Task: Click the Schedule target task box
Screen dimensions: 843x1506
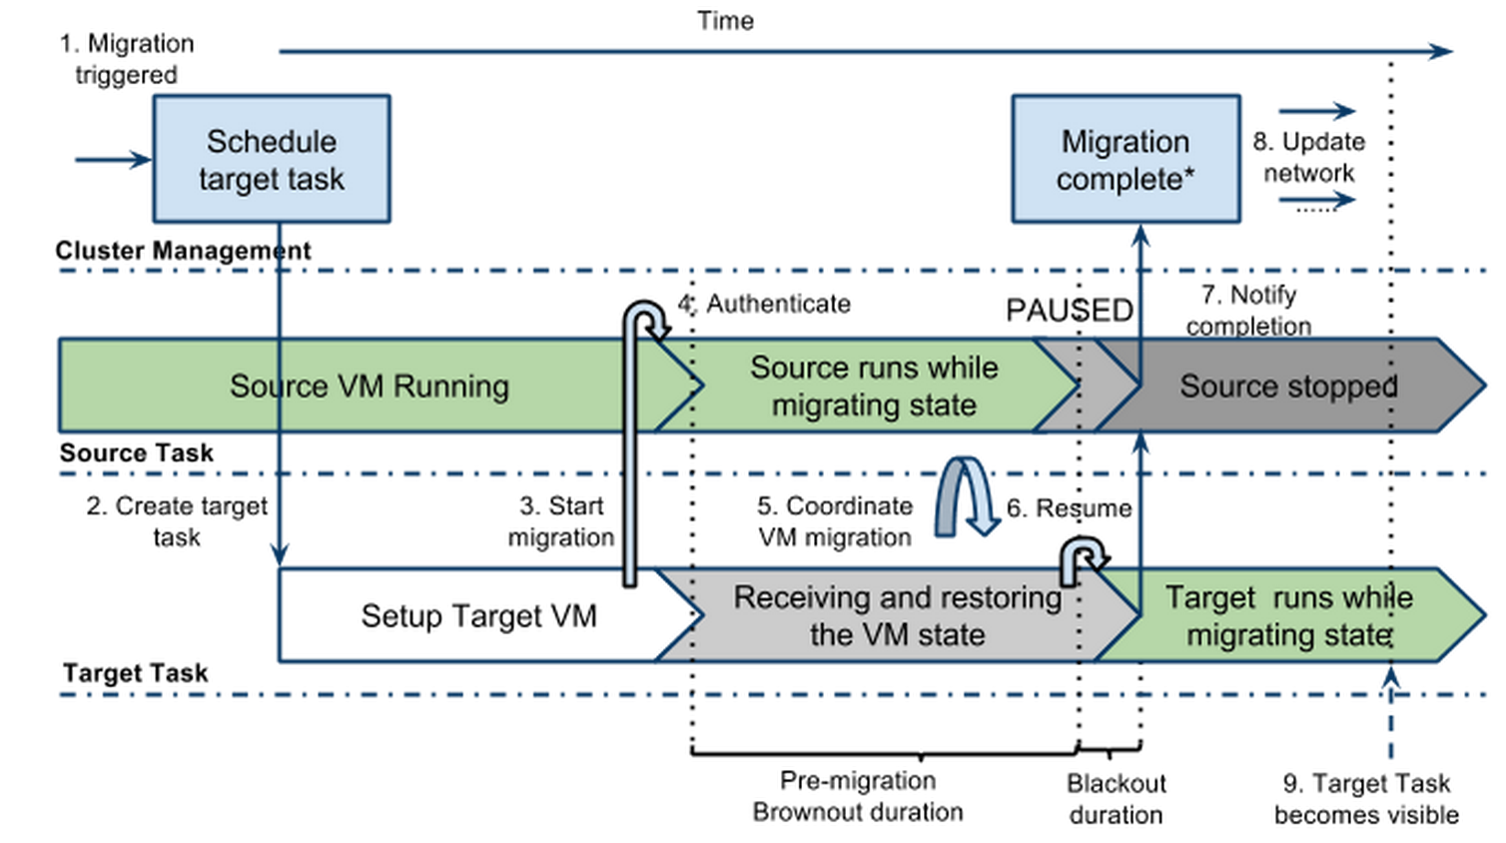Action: pos(271,160)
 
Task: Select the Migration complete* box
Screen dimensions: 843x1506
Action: pos(1126,160)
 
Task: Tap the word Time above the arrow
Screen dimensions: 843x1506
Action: pos(725,21)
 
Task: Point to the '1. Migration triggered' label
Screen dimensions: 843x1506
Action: pos(126,59)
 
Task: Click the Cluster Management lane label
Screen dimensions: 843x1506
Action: pos(183,251)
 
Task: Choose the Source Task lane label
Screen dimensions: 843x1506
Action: pos(136,453)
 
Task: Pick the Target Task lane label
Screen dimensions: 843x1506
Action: pos(135,673)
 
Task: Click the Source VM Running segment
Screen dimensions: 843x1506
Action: pos(369,387)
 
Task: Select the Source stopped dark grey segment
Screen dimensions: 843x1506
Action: pos(1287,387)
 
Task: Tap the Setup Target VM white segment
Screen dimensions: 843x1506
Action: pos(478,616)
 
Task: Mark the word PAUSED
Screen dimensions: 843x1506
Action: pos(1069,311)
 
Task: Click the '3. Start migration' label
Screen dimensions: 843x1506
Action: pos(561,521)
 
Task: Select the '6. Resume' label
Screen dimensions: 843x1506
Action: pos(1069,508)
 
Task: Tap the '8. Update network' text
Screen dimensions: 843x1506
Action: pos(1309,157)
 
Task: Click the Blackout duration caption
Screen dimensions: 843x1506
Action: pos(1116,799)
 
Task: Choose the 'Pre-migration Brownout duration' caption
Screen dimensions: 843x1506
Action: pos(858,796)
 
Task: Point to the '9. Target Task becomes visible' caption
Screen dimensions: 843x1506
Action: pos(1366,799)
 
